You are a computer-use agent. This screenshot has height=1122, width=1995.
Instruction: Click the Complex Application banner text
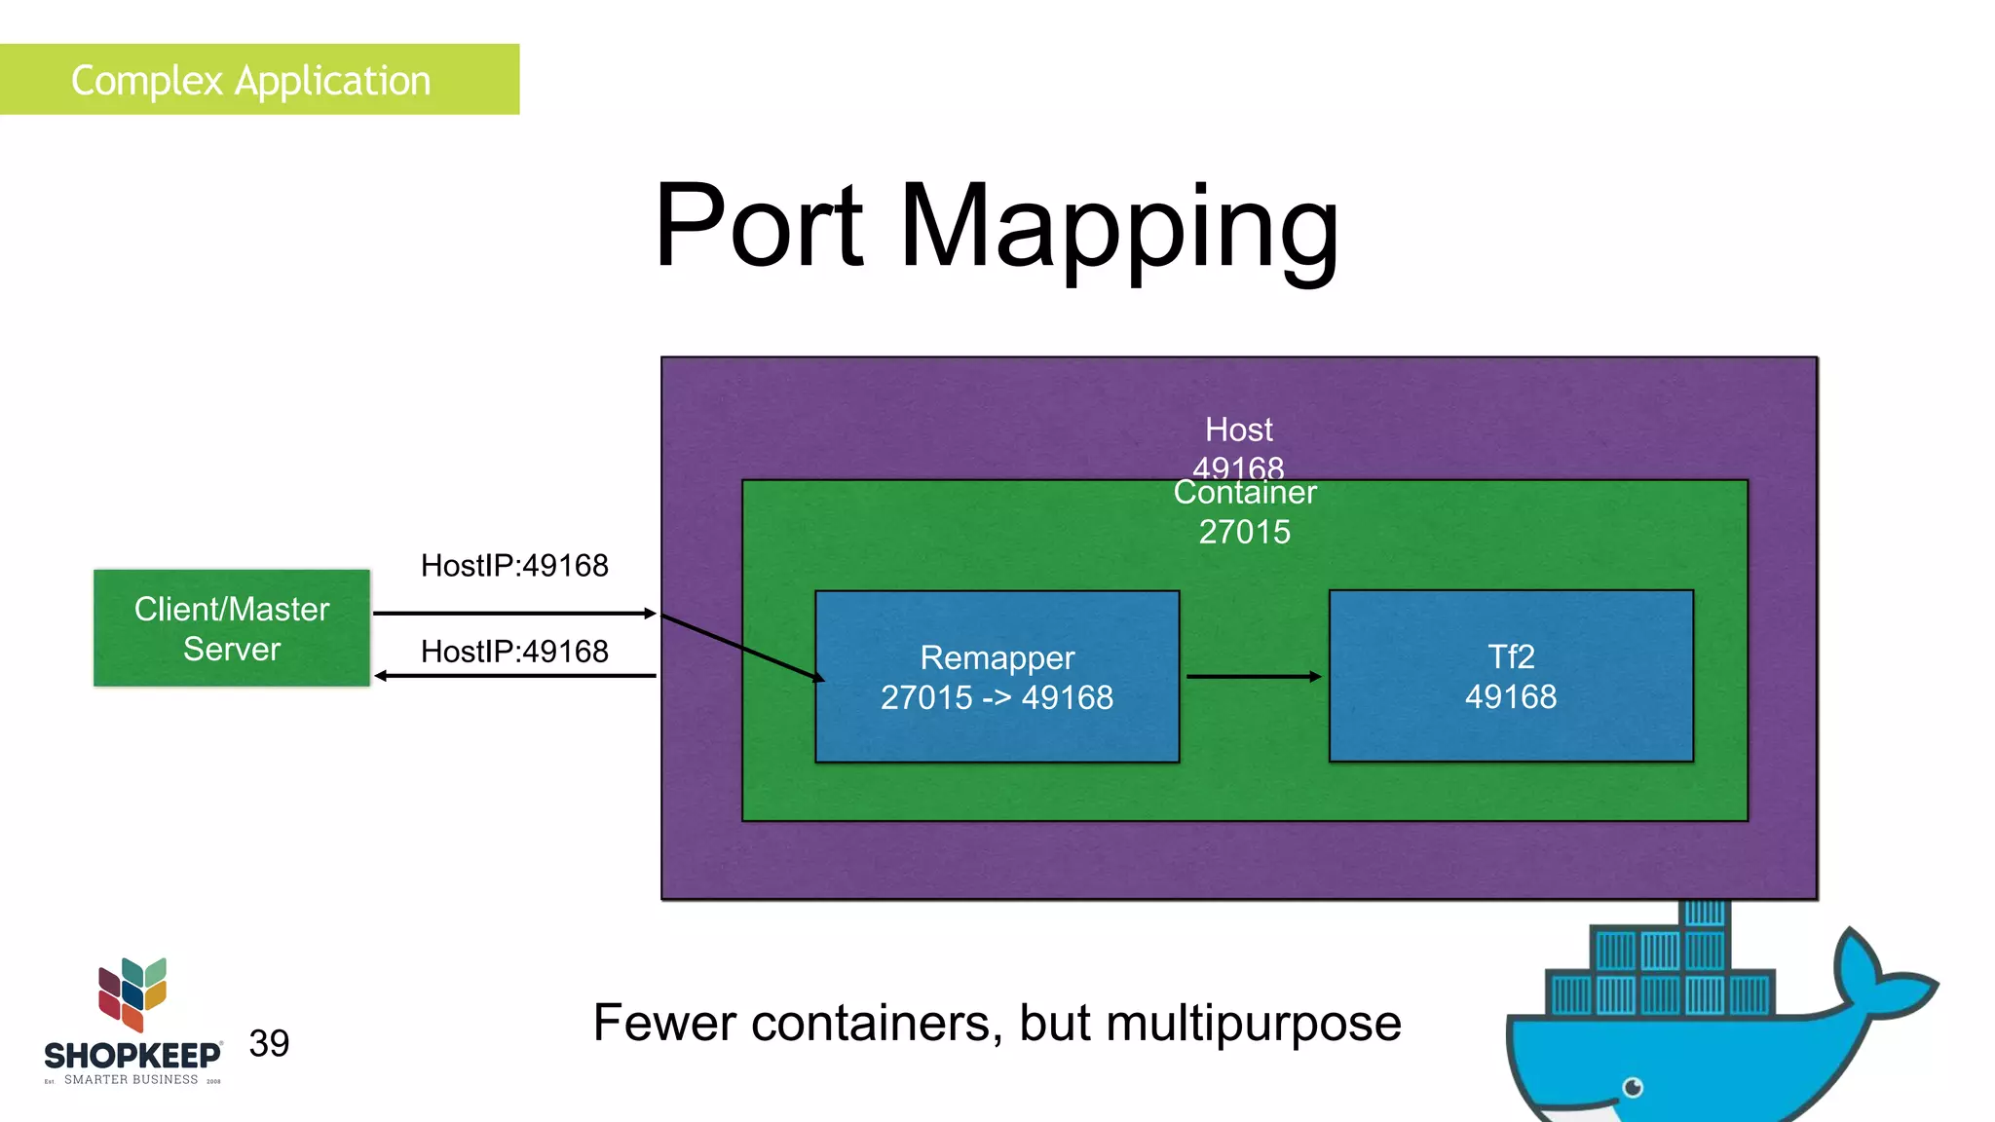[x=250, y=81]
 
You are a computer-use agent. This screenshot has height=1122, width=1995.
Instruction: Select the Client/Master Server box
[x=232, y=628]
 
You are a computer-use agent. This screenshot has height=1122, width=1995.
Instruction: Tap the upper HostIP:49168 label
[x=514, y=566]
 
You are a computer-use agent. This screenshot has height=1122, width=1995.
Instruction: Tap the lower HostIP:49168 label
[x=514, y=652]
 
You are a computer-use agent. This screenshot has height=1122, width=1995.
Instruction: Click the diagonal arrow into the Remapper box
[x=740, y=646]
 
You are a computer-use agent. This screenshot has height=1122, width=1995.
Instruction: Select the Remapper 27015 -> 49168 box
[x=997, y=677]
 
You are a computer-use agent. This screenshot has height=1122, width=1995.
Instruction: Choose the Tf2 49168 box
[x=1511, y=676]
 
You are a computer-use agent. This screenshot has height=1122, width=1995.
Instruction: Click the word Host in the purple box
[x=1238, y=430]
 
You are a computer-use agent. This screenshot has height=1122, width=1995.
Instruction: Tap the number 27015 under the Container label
[x=1244, y=532]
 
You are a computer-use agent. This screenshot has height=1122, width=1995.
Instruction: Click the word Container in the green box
[x=1244, y=493]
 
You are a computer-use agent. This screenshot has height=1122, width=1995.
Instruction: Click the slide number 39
[x=269, y=1044]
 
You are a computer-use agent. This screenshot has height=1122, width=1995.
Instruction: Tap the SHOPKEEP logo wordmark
[x=132, y=1056]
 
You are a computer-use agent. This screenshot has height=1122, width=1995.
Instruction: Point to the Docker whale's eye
[x=1634, y=1087]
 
